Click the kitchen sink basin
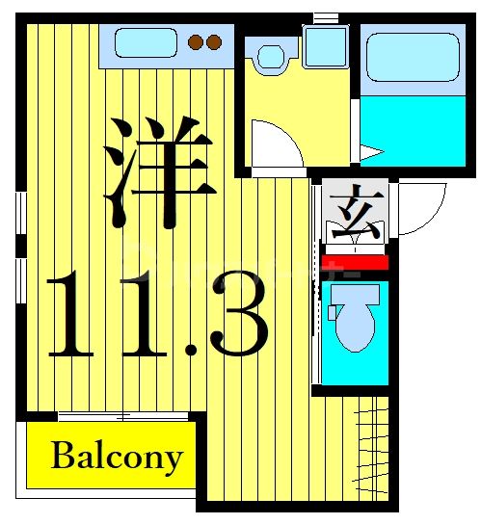(145, 43)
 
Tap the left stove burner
(197, 42)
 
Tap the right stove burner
(214, 42)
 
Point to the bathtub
(409, 58)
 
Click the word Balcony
(115, 455)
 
